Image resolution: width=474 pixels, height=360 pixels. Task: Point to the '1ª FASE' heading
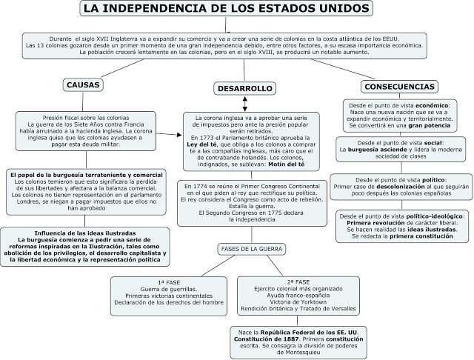161,282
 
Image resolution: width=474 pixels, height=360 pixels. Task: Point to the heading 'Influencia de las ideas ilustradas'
83,233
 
